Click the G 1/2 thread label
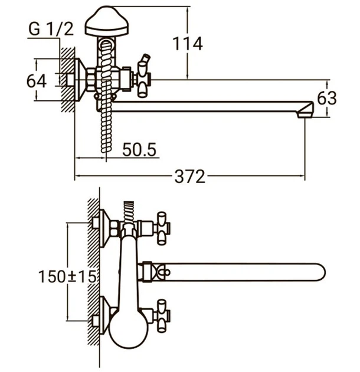coord(51,30)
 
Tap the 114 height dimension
coord(187,44)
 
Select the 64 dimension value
coord(36,81)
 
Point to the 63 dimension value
coord(327,98)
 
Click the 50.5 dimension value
coord(139,150)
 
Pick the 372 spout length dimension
coord(189,177)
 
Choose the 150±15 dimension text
coord(67,276)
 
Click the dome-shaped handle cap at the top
coord(107,22)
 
